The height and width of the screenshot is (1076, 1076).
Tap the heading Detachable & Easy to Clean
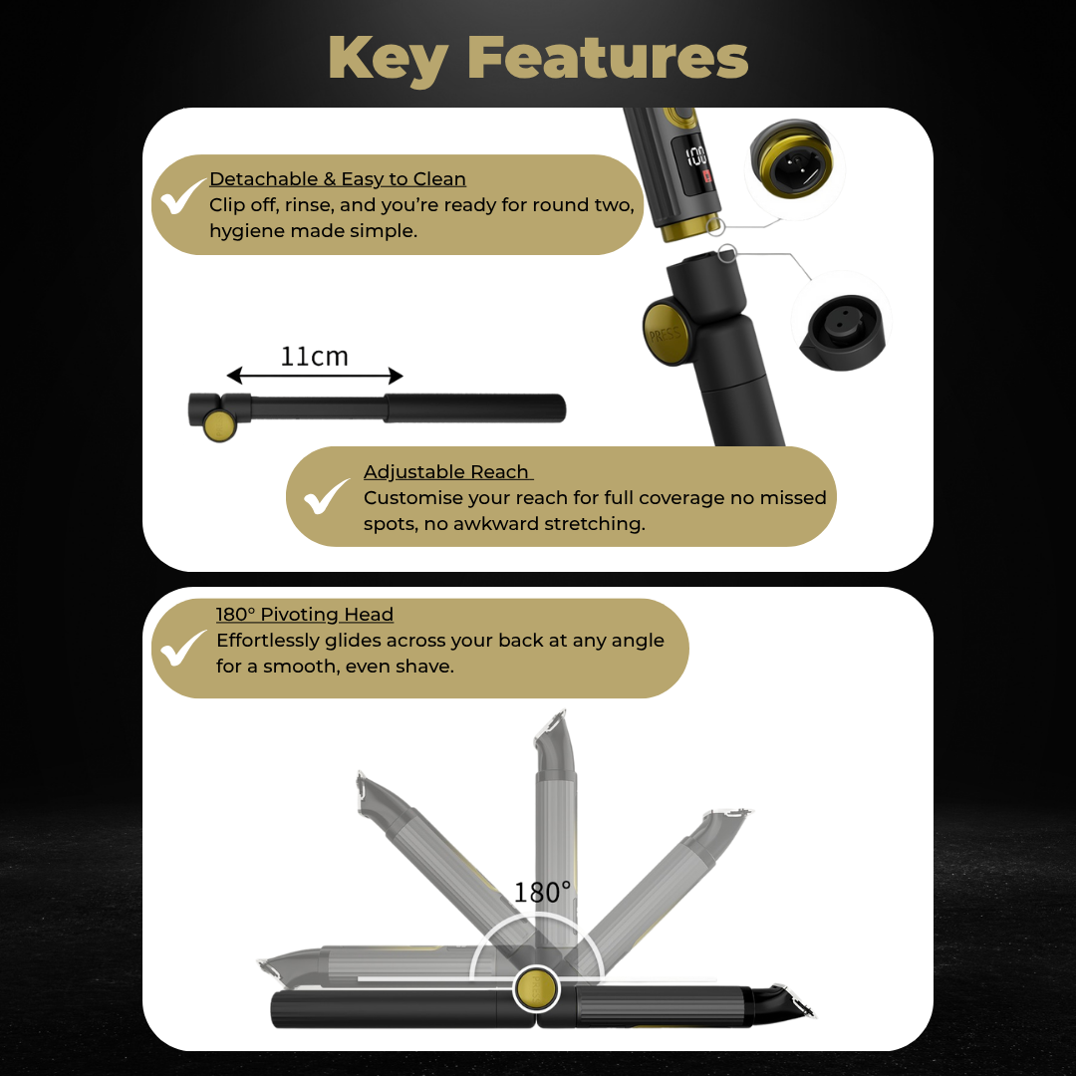point(338,179)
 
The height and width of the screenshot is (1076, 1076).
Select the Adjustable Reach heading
point(447,472)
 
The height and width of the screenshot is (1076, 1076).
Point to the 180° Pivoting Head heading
point(305,614)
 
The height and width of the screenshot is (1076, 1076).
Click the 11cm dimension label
point(314,356)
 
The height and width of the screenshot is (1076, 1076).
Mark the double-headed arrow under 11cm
point(314,376)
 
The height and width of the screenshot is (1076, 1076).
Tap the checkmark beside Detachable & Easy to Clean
point(181,197)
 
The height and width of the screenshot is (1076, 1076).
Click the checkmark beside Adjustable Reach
point(326,497)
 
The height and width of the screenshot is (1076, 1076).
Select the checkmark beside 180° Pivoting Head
point(182,648)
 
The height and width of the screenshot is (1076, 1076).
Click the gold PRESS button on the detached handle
point(665,334)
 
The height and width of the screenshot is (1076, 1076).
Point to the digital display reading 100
point(697,162)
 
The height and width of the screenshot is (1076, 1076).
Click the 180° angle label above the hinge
point(542,893)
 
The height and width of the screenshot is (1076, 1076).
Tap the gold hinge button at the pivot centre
point(537,989)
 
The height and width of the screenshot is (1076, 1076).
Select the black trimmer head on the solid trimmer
point(782,1002)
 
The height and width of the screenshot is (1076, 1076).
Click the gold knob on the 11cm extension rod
point(219,425)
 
